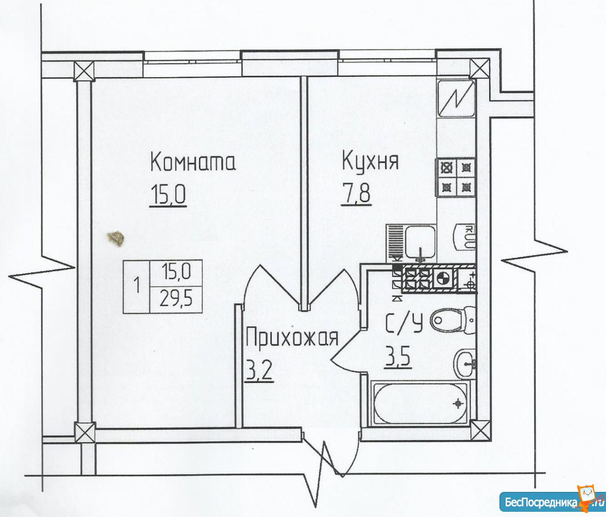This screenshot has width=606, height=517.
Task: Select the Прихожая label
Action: pyautogui.click(x=292, y=338)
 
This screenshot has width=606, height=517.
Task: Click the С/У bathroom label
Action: pyautogui.click(x=404, y=323)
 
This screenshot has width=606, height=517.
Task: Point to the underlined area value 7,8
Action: pyautogui.click(x=356, y=194)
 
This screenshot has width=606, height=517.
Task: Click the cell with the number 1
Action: pyautogui.click(x=136, y=286)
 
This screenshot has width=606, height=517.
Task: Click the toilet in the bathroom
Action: pyautogui.click(x=453, y=320)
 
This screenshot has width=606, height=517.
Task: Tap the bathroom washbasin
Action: pyautogui.click(x=465, y=364)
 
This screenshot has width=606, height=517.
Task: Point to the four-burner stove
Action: pyautogui.click(x=455, y=177)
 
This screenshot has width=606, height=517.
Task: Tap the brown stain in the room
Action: pyautogui.click(x=116, y=238)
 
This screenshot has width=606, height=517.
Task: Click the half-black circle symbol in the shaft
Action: pyautogui.click(x=441, y=279)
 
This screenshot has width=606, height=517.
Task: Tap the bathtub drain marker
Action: pyautogui.click(x=457, y=404)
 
